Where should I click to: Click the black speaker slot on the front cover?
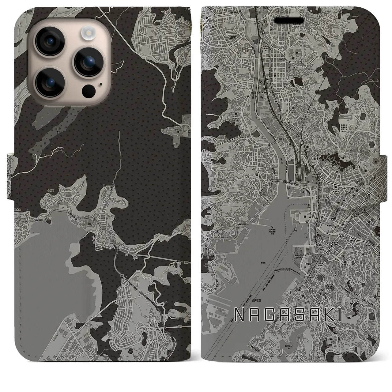coord(293,20)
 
